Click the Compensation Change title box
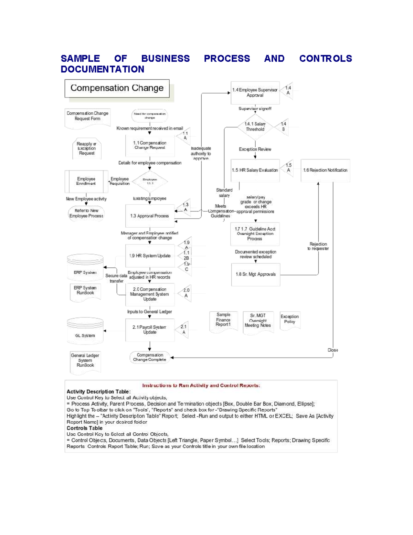coord(117,88)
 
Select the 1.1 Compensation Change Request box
coord(150,145)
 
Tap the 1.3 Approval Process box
coord(150,216)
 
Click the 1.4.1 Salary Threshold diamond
coord(255,127)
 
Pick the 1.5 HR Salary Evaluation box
coord(255,170)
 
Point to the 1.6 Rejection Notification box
coord(325,170)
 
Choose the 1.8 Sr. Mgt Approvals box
coord(256,275)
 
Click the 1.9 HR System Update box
coord(150,256)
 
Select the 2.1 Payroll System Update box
coord(150,330)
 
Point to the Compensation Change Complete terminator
coord(150,357)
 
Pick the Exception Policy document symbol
coord(290,320)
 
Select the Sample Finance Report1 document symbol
coord(223,321)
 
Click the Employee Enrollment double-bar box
coord(86,181)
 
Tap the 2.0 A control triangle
coord(185,293)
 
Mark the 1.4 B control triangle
coord(282,127)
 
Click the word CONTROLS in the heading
coord(326,59)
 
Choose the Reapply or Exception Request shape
coord(87,149)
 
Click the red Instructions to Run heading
coord(201,385)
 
